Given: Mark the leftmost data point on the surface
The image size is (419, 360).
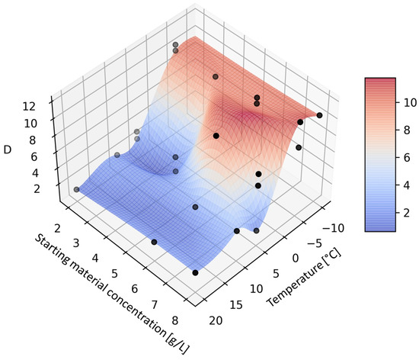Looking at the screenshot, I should pyautogui.click(x=76, y=189).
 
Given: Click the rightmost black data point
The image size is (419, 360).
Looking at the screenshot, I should pyautogui.click(x=319, y=115).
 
